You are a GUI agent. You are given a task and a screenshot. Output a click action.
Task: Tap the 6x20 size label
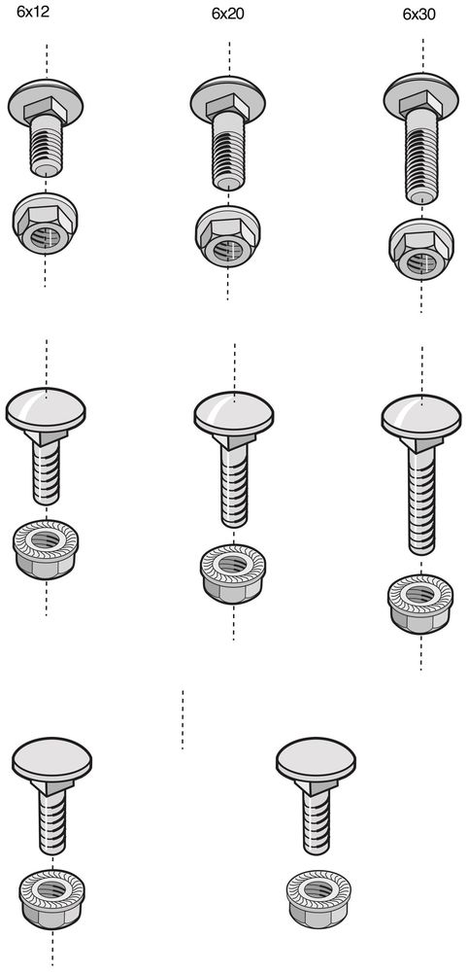pyautogui.click(x=228, y=15)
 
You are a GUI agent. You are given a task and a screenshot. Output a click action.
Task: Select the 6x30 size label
pyautogui.click(x=419, y=15)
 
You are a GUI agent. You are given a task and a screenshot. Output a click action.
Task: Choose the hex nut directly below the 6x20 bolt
pyautogui.click(x=227, y=236)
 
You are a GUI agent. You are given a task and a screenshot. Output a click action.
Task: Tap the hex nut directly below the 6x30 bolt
pyautogui.click(x=421, y=249)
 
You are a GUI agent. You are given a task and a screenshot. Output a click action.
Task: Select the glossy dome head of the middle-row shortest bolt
pyautogui.click(x=46, y=410)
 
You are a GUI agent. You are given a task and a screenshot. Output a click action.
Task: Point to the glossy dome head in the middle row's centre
pyautogui.click(x=234, y=413)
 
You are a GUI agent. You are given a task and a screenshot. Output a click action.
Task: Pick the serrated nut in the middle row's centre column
pyautogui.click(x=233, y=574)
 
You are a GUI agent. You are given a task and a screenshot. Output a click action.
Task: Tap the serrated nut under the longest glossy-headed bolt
pyautogui.click(x=420, y=604)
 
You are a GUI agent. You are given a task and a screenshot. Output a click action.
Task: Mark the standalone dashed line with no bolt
pyautogui.click(x=183, y=719)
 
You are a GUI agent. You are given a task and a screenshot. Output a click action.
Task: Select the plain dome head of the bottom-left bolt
pyautogui.click(x=52, y=759)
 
